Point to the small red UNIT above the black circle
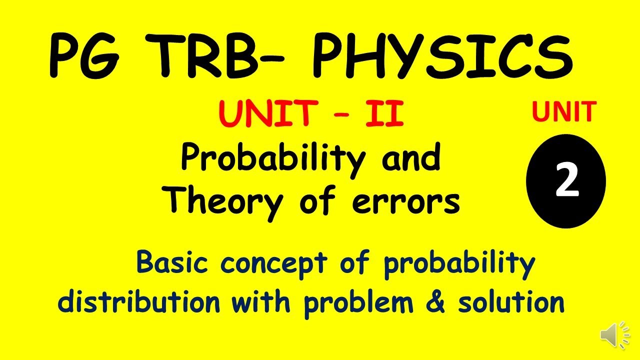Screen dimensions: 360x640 click(x=564, y=111)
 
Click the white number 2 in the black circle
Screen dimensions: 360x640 click(x=566, y=181)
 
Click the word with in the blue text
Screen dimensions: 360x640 click(x=261, y=302)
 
